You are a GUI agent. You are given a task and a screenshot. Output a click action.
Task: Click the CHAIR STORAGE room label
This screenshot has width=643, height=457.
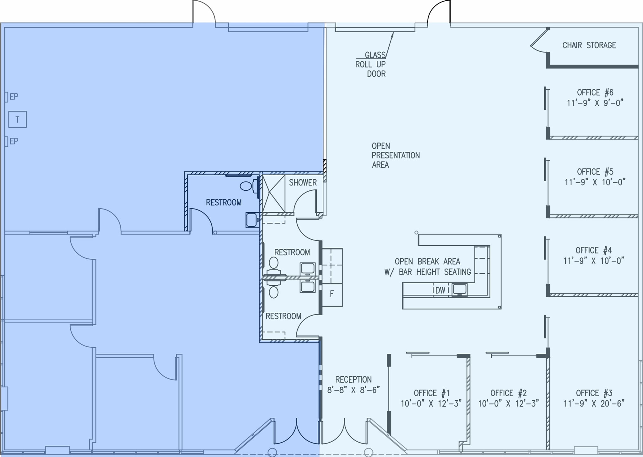pos(589,45)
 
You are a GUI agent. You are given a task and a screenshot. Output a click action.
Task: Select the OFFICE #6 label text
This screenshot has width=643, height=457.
pos(595,93)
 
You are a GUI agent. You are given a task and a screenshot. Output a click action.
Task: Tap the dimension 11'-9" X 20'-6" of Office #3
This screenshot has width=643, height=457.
pos(594,403)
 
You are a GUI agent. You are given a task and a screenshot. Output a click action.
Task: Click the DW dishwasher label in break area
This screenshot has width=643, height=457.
pos(440,290)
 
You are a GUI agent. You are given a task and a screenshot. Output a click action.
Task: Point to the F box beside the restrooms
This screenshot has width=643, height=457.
pos(332,294)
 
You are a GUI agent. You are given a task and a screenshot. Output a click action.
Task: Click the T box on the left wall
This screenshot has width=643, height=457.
pos(17,120)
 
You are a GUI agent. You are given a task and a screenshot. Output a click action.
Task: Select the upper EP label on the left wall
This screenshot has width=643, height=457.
pos(14,97)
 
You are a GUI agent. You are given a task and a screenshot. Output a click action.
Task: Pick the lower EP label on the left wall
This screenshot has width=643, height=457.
pos(14,141)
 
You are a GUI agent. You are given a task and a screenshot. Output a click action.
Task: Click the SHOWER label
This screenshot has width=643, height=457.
pos(303,183)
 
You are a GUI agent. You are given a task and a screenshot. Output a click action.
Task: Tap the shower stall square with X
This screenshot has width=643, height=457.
pos(273,194)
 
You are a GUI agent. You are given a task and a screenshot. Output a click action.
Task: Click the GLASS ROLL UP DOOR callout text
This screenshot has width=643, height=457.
pos(371,64)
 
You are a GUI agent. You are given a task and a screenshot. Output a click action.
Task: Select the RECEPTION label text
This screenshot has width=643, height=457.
pos(353,380)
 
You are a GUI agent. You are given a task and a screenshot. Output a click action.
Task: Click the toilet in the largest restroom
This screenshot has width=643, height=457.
pos(246,186)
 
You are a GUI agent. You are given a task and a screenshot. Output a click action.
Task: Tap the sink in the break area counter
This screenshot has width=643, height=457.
pos(459,289)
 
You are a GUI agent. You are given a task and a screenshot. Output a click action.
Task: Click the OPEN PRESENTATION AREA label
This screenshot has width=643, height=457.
pos(395,155)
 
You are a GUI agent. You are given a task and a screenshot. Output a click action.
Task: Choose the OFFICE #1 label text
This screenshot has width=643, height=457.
pos(431,393)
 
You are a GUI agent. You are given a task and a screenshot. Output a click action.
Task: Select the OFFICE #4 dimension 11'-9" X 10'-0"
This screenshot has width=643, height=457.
pos(593,261)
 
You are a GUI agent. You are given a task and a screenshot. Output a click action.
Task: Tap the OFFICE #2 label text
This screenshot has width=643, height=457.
pos(508,393)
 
